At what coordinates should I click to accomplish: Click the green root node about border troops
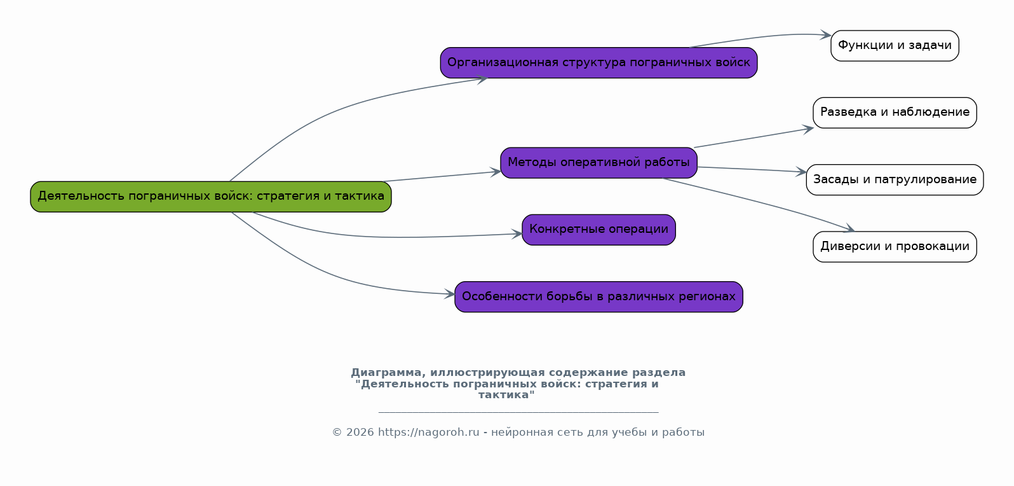point(211,197)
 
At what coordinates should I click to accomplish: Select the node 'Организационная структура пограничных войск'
point(598,63)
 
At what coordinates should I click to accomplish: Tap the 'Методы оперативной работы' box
point(598,163)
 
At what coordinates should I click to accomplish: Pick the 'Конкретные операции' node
point(598,230)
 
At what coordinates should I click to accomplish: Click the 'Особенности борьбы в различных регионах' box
point(598,297)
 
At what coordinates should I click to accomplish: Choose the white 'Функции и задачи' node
point(895,46)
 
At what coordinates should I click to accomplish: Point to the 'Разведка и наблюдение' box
point(895,113)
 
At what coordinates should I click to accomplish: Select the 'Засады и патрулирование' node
point(895,180)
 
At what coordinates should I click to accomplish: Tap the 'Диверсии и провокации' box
point(895,247)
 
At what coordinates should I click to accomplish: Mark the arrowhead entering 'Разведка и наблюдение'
point(809,129)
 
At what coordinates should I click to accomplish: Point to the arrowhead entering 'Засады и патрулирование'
point(801,172)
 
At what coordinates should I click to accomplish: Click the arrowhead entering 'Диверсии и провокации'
point(849,230)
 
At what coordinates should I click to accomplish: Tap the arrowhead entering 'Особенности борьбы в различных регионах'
point(450,294)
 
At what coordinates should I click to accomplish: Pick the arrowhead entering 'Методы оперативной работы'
point(496,172)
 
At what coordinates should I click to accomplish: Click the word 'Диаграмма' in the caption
point(386,373)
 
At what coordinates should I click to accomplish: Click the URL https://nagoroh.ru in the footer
point(428,433)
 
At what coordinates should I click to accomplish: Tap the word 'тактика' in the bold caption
point(506,395)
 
